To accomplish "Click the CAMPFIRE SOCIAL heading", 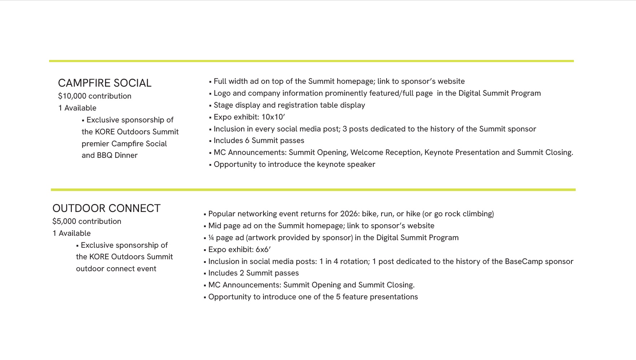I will click(105, 83).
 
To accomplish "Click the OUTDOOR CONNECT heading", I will click(106, 208).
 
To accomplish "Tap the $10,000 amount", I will click(72, 96).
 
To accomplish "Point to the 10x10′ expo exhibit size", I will click(273, 117).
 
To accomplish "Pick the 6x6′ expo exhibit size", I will click(263, 250).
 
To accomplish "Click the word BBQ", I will click(105, 155).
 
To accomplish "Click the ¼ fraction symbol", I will click(211, 238).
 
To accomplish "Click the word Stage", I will click(223, 105).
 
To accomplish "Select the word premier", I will click(95, 144).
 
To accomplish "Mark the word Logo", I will click(222, 93).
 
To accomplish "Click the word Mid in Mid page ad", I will click(215, 226).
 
